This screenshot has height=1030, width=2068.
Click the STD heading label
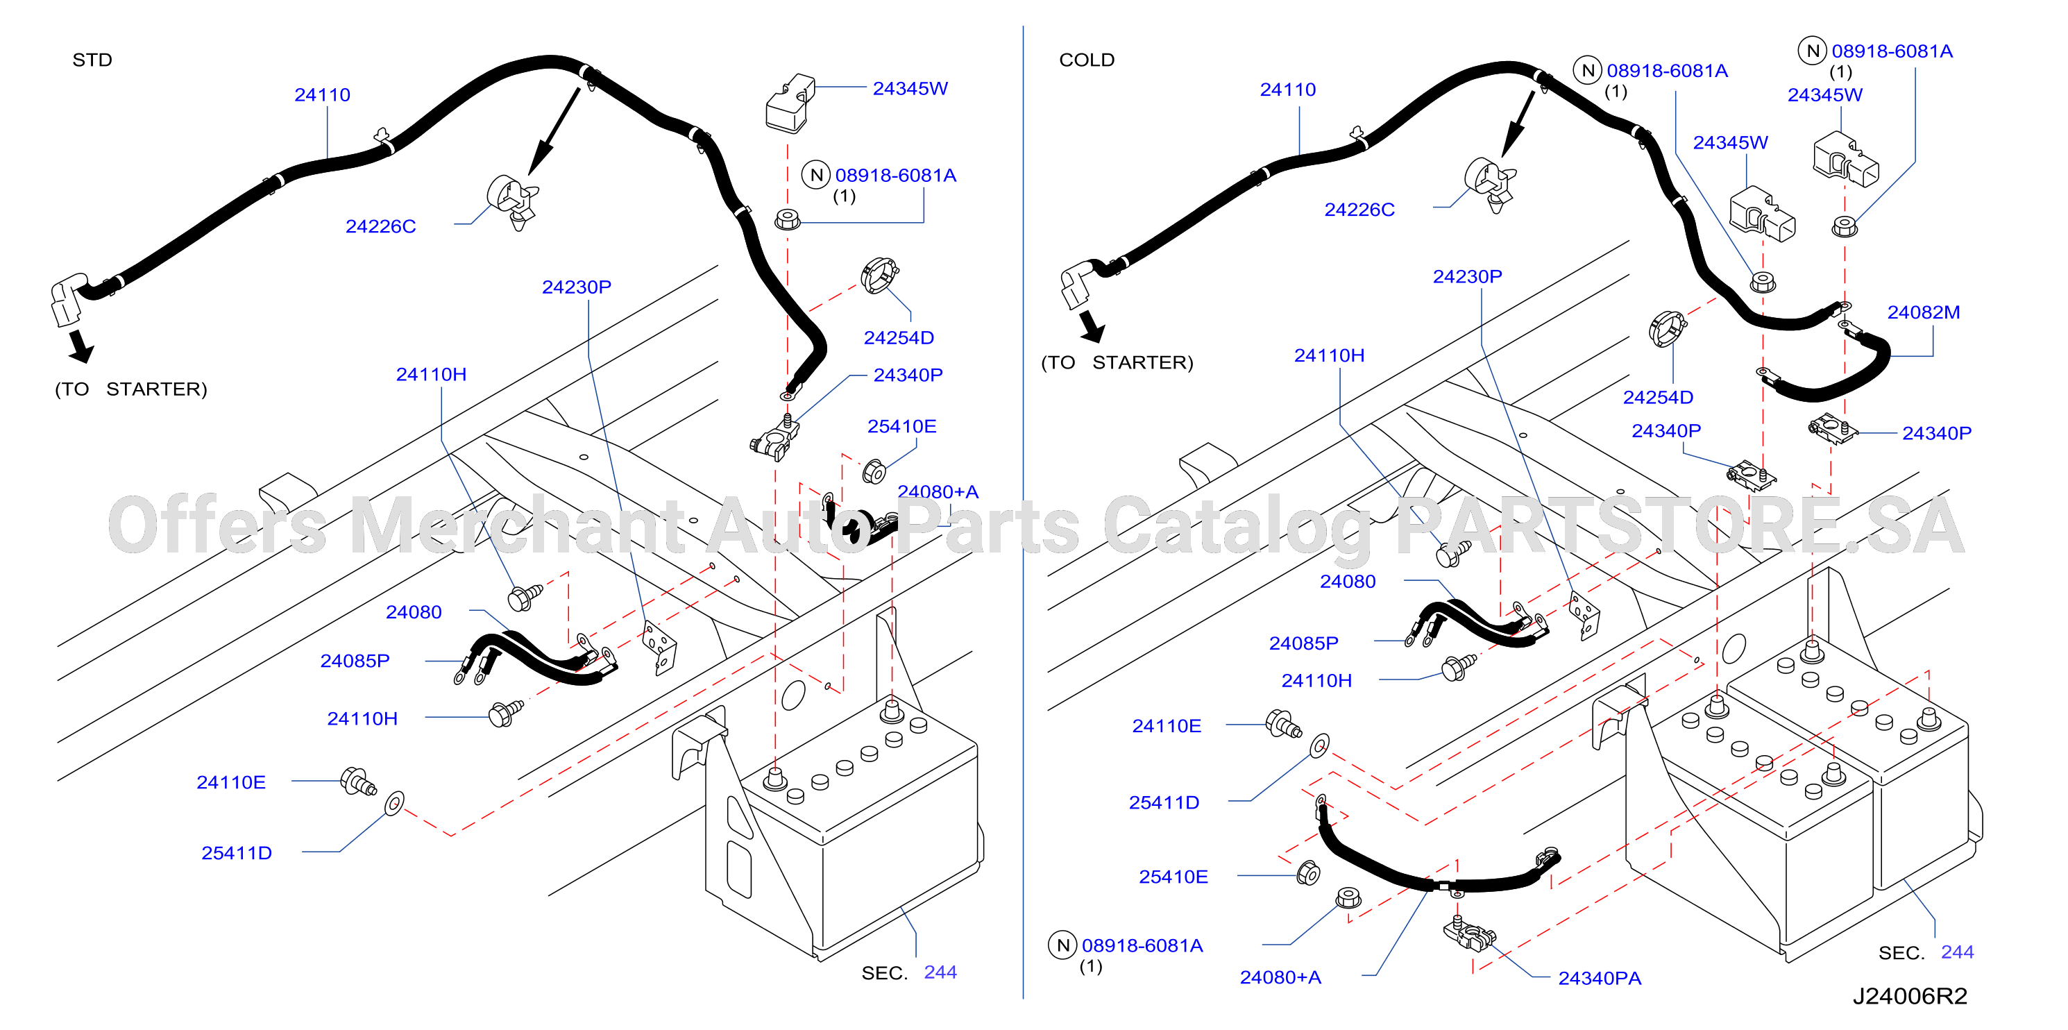point(92,60)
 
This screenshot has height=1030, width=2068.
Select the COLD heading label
point(1087,60)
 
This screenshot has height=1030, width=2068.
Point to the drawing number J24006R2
point(1910,996)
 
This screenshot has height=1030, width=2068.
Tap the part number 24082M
point(1924,312)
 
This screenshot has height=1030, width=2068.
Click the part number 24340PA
point(1599,978)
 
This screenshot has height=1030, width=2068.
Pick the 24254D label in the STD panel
point(898,338)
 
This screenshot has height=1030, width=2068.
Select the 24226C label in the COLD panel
point(1359,210)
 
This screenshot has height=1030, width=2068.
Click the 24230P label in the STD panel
point(577,287)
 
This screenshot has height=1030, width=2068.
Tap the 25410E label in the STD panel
point(901,426)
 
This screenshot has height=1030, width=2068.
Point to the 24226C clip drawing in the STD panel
point(512,201)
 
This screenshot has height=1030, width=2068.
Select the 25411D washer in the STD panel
point(394,802)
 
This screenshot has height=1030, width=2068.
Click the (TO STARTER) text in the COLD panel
point(1117,363)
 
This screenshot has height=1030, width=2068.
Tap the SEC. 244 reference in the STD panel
point(909,972)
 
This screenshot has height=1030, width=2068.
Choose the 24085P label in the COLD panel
point(1304,643)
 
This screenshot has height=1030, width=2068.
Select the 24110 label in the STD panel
point(322,94)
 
